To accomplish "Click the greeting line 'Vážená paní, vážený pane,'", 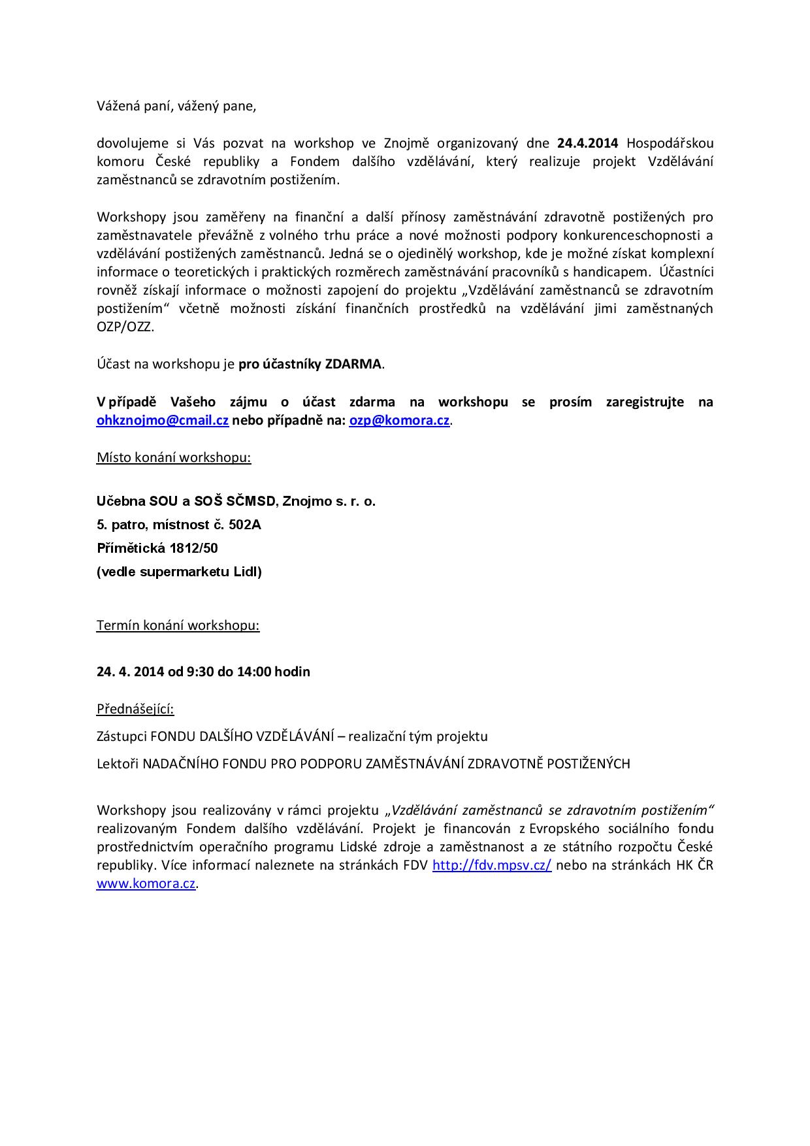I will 176,106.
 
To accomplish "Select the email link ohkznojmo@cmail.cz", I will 162,420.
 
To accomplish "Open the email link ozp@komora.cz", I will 399,420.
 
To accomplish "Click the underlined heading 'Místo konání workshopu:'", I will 174,457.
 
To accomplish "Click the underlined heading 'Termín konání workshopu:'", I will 178,625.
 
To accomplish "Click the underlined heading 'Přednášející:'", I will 135,709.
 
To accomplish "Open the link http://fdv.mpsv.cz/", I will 492,865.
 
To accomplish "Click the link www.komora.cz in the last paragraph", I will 146,883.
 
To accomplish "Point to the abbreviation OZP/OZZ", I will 125,327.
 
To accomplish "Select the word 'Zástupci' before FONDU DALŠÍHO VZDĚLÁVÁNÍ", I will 121,736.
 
